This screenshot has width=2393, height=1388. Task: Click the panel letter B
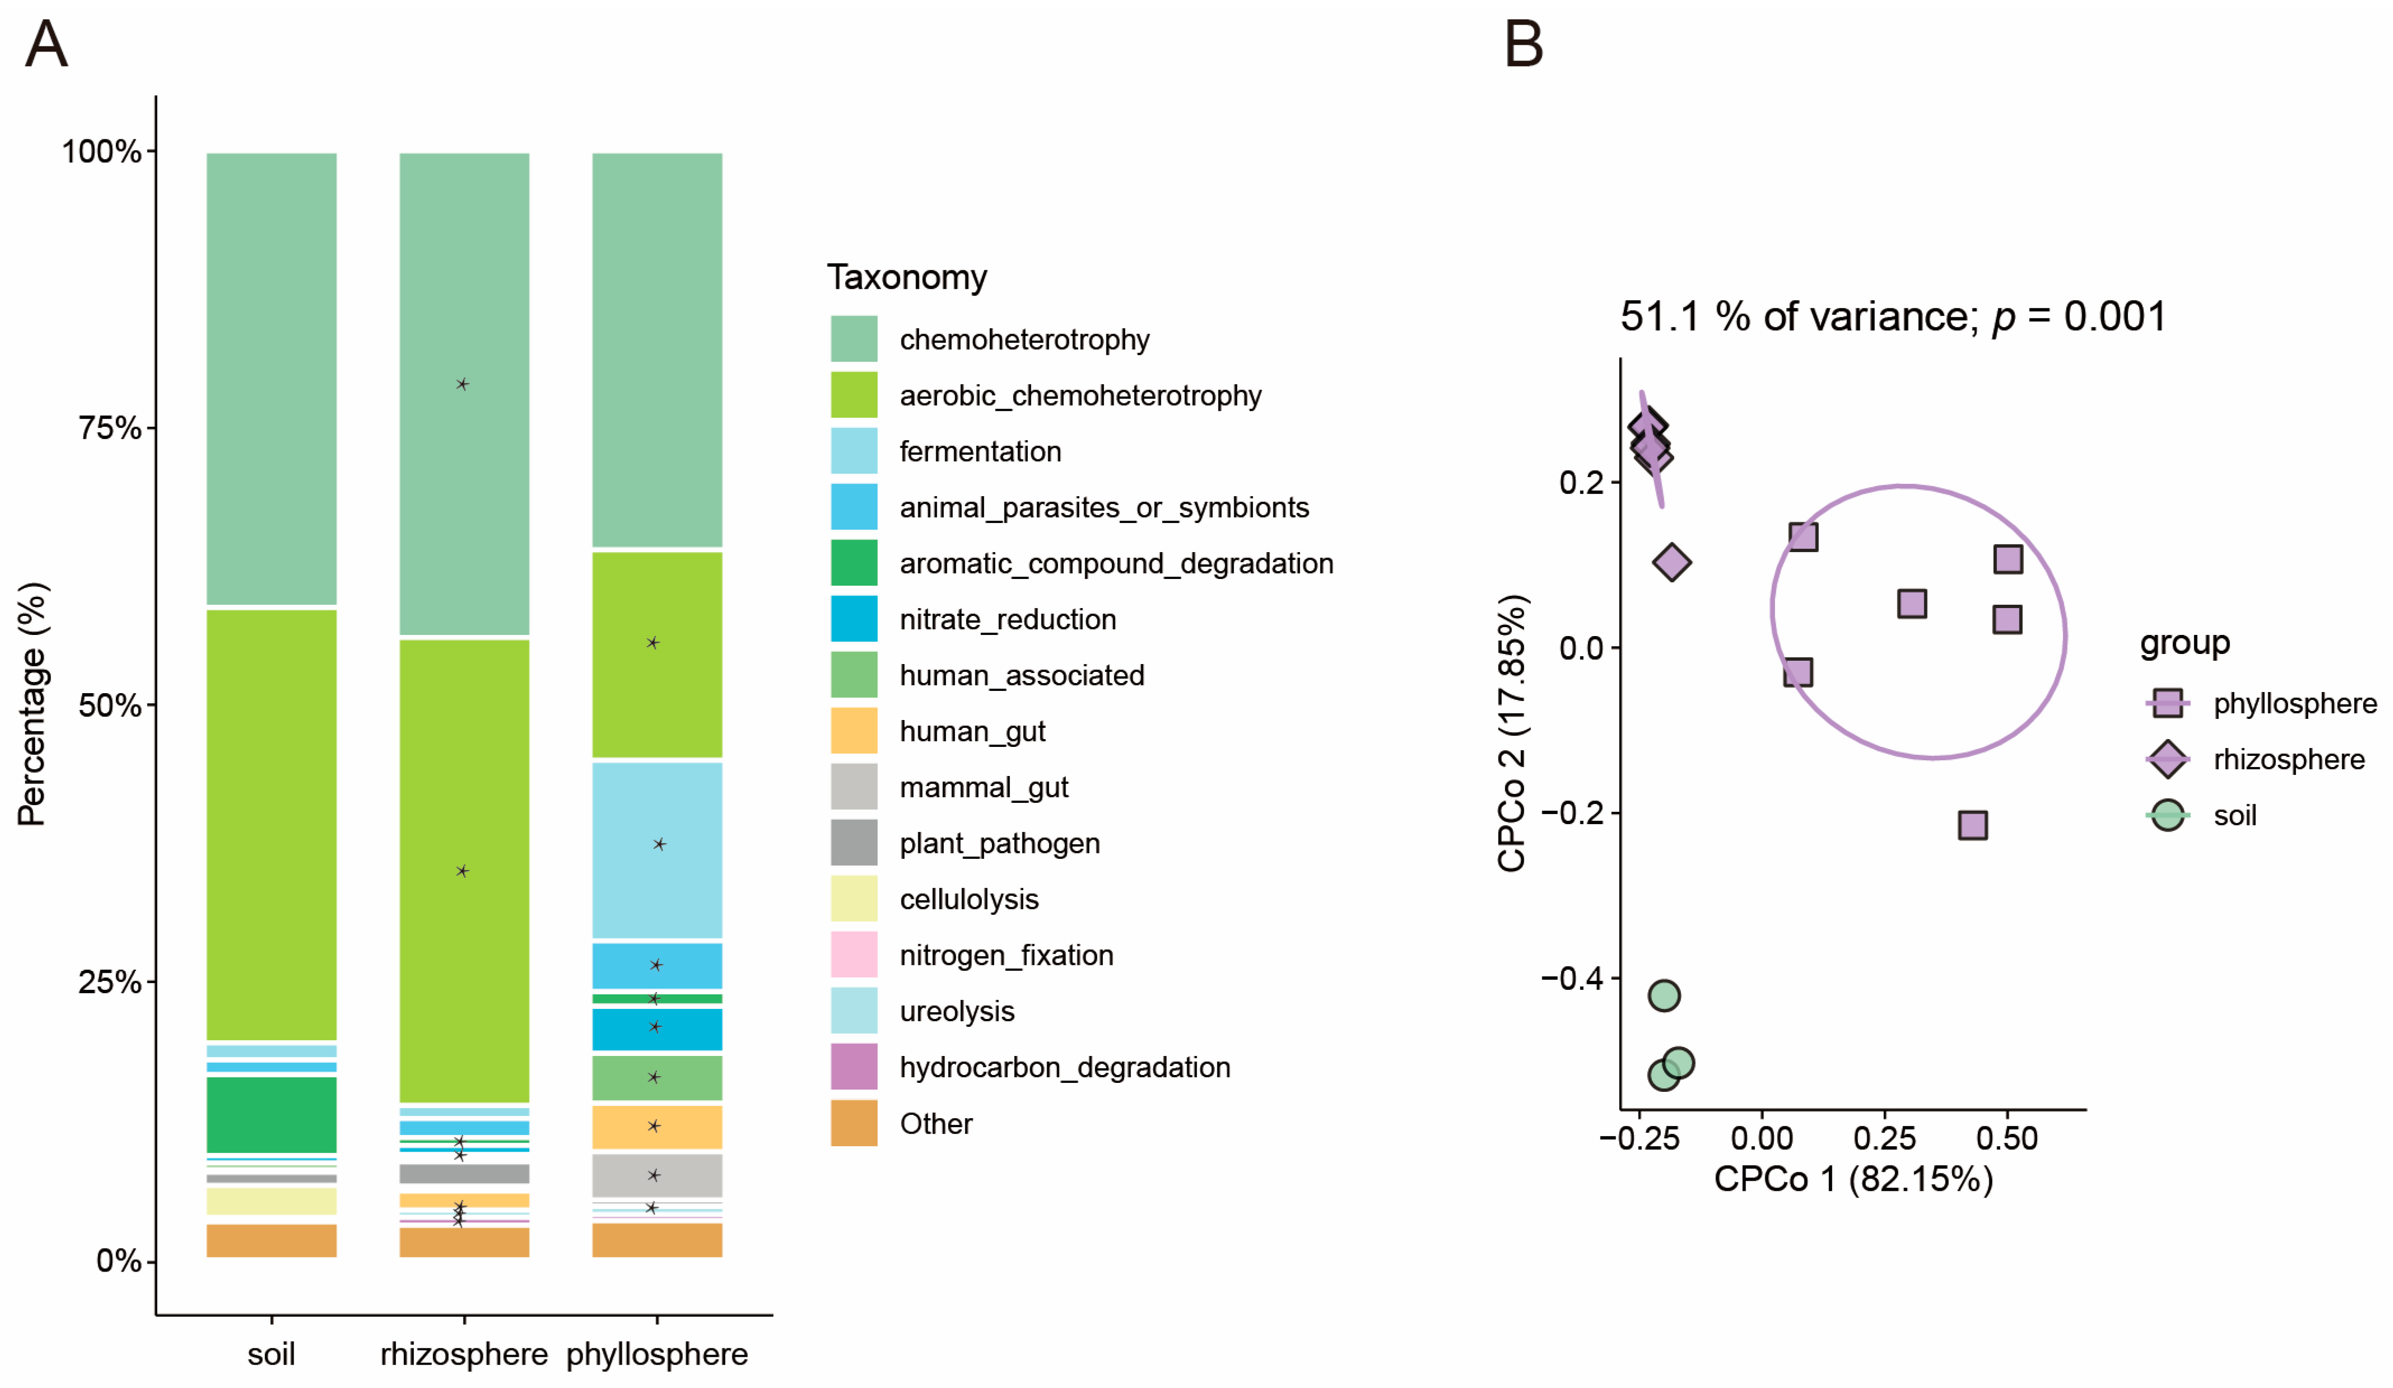[1523, 45]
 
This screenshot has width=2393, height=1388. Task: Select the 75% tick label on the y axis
[109, 428]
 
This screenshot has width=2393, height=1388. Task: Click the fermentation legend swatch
[854, 451]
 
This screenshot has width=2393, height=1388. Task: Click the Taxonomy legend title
[907, 277]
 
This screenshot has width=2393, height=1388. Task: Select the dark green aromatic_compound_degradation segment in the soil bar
[272, 1115]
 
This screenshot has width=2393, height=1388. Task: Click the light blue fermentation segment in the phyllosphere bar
[657, 850]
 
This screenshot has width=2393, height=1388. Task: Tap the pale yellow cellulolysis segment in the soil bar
[272, 1201]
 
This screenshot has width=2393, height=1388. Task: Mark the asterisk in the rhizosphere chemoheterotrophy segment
[463, 385]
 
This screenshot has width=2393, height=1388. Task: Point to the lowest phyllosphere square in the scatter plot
[1972, 825]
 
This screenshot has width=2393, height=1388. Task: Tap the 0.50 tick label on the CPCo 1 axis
[2006, 1138]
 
